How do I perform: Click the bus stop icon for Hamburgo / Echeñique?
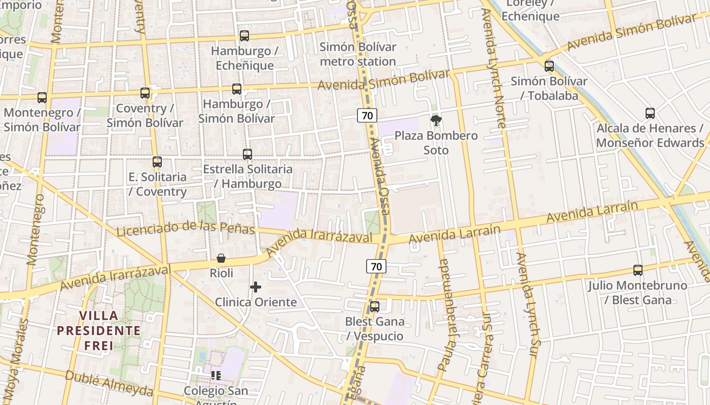tap(244, 36)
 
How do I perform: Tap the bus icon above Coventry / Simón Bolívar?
tap(145, 93)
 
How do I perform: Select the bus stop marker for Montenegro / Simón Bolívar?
tap(42, 97)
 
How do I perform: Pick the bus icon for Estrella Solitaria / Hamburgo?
tap(247, 154)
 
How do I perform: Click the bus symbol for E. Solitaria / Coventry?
tap(157, 162)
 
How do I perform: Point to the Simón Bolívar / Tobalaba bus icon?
tap(549, 66)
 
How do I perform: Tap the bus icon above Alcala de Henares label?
tap(650, 113)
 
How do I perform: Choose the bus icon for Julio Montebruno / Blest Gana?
tap(638, 270)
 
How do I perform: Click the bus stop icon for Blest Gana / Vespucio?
tap(375, 307)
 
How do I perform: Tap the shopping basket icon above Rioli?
tap(221, 258)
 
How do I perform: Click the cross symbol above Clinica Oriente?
tap(256, 287)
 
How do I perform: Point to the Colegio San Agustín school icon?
tap(216, 376)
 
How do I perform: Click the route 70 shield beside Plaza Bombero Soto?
tap(367, 115)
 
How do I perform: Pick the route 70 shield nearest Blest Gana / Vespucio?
tap(376, 266)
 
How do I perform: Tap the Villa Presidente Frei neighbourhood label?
tap(98, 331)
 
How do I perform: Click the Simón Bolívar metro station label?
tap(358, 54)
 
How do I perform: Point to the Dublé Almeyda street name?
tap(109, 383)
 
